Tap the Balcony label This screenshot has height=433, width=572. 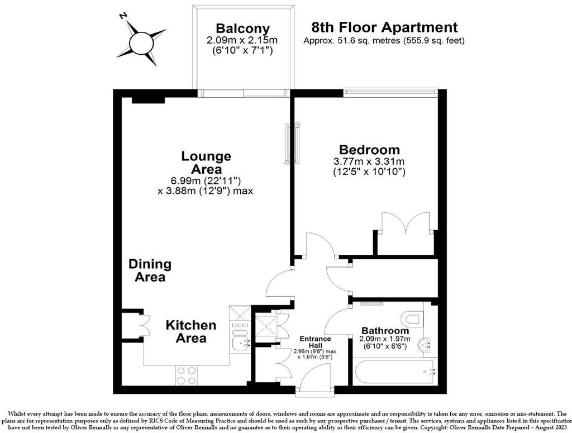pos(242,28)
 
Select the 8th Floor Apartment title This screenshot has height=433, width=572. pos(384,27)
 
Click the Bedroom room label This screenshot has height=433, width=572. pos(369,150)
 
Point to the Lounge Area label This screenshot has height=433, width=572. pos(206,163)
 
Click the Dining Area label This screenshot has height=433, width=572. pos(150,270)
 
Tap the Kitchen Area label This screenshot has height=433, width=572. pos(191,331)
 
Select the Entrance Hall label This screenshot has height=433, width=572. pos(315,342)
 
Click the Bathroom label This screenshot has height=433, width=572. pos(385,331)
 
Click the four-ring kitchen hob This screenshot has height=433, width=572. pos(187,375)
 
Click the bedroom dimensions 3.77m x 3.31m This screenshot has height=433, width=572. pos(369,161)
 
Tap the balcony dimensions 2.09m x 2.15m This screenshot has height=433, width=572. pos(242,40)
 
